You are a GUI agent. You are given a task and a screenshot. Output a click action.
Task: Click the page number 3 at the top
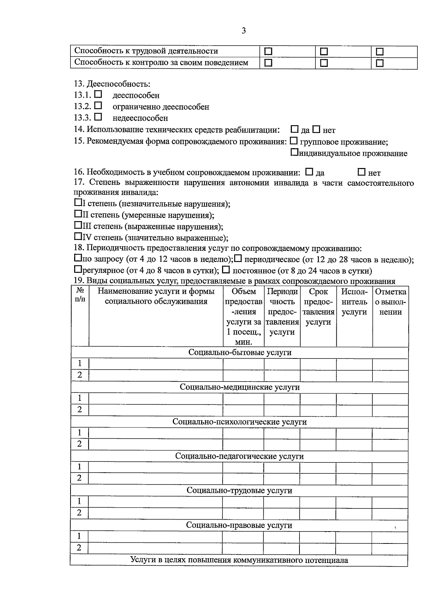(x=243, y=31)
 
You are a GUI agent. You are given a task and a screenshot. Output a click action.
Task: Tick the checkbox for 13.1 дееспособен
(x=98, y=94)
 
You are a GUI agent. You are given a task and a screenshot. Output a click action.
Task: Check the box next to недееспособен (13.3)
(x=98, y=117)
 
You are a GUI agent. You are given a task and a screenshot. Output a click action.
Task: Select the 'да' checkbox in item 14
(x=295, y=129)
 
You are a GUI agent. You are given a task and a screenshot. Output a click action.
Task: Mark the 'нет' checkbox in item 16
(x=361, y=172)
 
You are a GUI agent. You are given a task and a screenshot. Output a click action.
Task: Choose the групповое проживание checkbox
(x=294, y=141)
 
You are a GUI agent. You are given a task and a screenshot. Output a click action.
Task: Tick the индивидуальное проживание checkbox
(x=294, y=152)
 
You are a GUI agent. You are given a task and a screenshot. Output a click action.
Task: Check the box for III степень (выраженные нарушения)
(x=78, y=225)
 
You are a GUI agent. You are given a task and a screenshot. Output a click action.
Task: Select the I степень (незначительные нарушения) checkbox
(x=78, y=203)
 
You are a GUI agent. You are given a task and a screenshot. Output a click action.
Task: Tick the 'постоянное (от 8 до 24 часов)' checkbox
(x=226, y=270)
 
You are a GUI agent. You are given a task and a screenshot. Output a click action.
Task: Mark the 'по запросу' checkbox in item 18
(x=78, y=258)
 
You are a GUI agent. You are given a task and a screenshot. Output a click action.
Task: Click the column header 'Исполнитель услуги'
(x=354, y=302)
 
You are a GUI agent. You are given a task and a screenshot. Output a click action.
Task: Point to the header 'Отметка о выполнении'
(x=391, y=302)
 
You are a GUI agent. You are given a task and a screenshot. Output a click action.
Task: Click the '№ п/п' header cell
(x=80, y=294)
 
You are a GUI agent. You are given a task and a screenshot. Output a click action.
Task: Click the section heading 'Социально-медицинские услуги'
(x=240, y=387)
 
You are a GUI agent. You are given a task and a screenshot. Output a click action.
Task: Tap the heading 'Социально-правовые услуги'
(x=239, y=525)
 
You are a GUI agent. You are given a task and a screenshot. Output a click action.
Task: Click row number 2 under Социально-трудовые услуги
(x=79, y=513)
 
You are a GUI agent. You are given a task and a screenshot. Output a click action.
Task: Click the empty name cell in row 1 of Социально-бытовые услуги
(x=156, y=364)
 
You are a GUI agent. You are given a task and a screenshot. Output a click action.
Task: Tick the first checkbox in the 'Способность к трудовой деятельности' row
(x=268, y=52)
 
